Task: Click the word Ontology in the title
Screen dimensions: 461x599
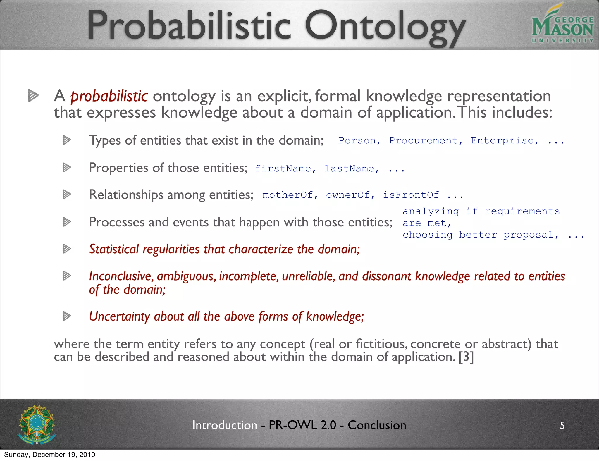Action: click(385, 27)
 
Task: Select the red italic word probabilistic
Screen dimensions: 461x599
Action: click(109, 96)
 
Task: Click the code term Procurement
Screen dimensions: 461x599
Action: click(423, 141)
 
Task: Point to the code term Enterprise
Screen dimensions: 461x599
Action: click(502, 141)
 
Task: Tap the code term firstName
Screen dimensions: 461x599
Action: click(283, 169)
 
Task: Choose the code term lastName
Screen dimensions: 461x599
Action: click(349, 169)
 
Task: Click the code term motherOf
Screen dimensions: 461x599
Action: click(288, 195)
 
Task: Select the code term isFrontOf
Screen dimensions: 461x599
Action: click(411, 195)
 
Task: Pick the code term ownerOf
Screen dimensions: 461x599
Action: click(348, 195)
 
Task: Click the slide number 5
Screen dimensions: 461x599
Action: click(562, 425)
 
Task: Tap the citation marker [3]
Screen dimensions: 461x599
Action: click(466, 357)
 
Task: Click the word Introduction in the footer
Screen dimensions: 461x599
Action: click(225, 425)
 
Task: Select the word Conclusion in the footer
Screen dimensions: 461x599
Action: click(377, 425)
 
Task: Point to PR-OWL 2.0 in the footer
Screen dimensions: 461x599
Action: click(302, 425)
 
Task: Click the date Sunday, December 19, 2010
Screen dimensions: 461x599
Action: click(50, 455)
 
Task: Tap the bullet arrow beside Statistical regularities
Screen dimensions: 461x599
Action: click(67, 249)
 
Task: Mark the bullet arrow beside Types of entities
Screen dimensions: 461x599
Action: click(67, 140)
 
